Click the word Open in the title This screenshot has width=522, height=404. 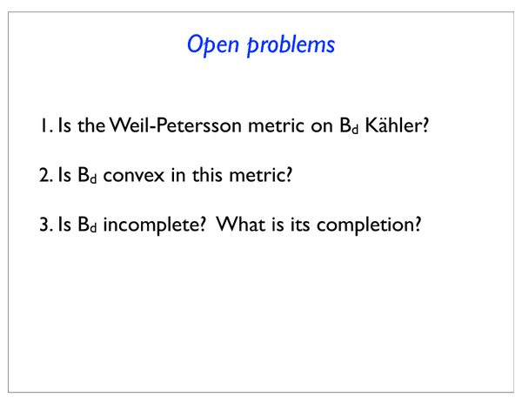pos(213,44)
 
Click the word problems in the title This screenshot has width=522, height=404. pos(291,45)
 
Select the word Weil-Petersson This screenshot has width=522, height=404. pos(176,125)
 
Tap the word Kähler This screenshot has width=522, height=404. pos(393,125)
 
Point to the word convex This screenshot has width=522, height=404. pos(134,176)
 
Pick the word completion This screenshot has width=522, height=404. pos(365,225)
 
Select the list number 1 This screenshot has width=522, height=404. pos(46,125)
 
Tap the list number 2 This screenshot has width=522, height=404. pos(46,175)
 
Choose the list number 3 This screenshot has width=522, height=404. pos(46,224)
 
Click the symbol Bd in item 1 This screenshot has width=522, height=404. pos(349,125)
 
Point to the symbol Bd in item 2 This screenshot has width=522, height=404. pos(87,175)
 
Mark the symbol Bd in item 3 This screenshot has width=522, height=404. pos(87,225)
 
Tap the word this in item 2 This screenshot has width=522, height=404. pos(207,174)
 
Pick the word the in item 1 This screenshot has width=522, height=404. pos(91,125)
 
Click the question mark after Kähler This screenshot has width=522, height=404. pos(425,125)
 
